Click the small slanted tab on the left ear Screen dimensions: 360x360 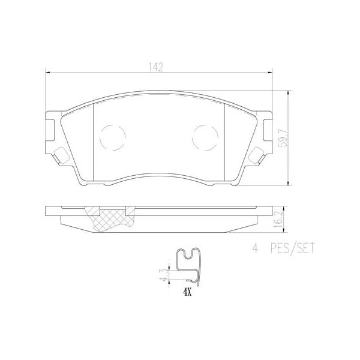click(x=60, y=157)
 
